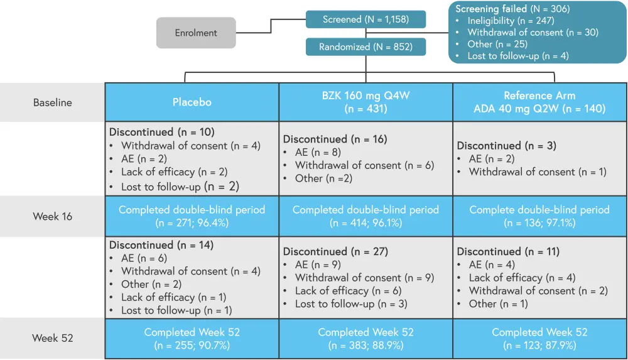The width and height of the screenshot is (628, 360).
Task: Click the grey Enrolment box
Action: [x=196, y=33]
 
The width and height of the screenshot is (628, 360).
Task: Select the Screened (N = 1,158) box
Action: [x=365, y=19]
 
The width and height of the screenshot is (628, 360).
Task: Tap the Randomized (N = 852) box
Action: [x=365, y=47]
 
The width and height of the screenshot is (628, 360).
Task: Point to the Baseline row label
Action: [x=53, y=102]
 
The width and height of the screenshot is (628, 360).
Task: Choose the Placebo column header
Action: [x=192, y=102]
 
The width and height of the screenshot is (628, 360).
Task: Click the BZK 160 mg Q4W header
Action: [x=366, y=102]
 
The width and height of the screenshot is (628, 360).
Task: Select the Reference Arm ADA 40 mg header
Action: [x=539, y=102]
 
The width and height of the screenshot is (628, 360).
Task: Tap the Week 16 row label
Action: [x=53, y=217]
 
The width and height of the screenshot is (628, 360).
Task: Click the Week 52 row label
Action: [x=53, y=338]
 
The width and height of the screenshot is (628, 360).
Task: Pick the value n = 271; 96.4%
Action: [x=192, y=222]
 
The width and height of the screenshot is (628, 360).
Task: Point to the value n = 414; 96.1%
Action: [x=366, y=222]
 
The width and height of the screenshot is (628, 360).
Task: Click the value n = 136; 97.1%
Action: [x=539, y=222]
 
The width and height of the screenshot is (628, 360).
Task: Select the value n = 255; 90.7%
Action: [x=192, y=345]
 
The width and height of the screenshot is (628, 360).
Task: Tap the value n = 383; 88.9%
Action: [x=366, y=345]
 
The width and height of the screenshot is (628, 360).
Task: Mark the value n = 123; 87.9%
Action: [x=539, y=345]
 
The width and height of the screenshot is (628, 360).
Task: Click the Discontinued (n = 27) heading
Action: [x=335, y=251]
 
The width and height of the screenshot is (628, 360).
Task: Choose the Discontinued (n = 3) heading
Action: [x=506, y=146]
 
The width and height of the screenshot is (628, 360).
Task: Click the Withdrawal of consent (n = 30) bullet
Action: [x=533, y=32]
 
